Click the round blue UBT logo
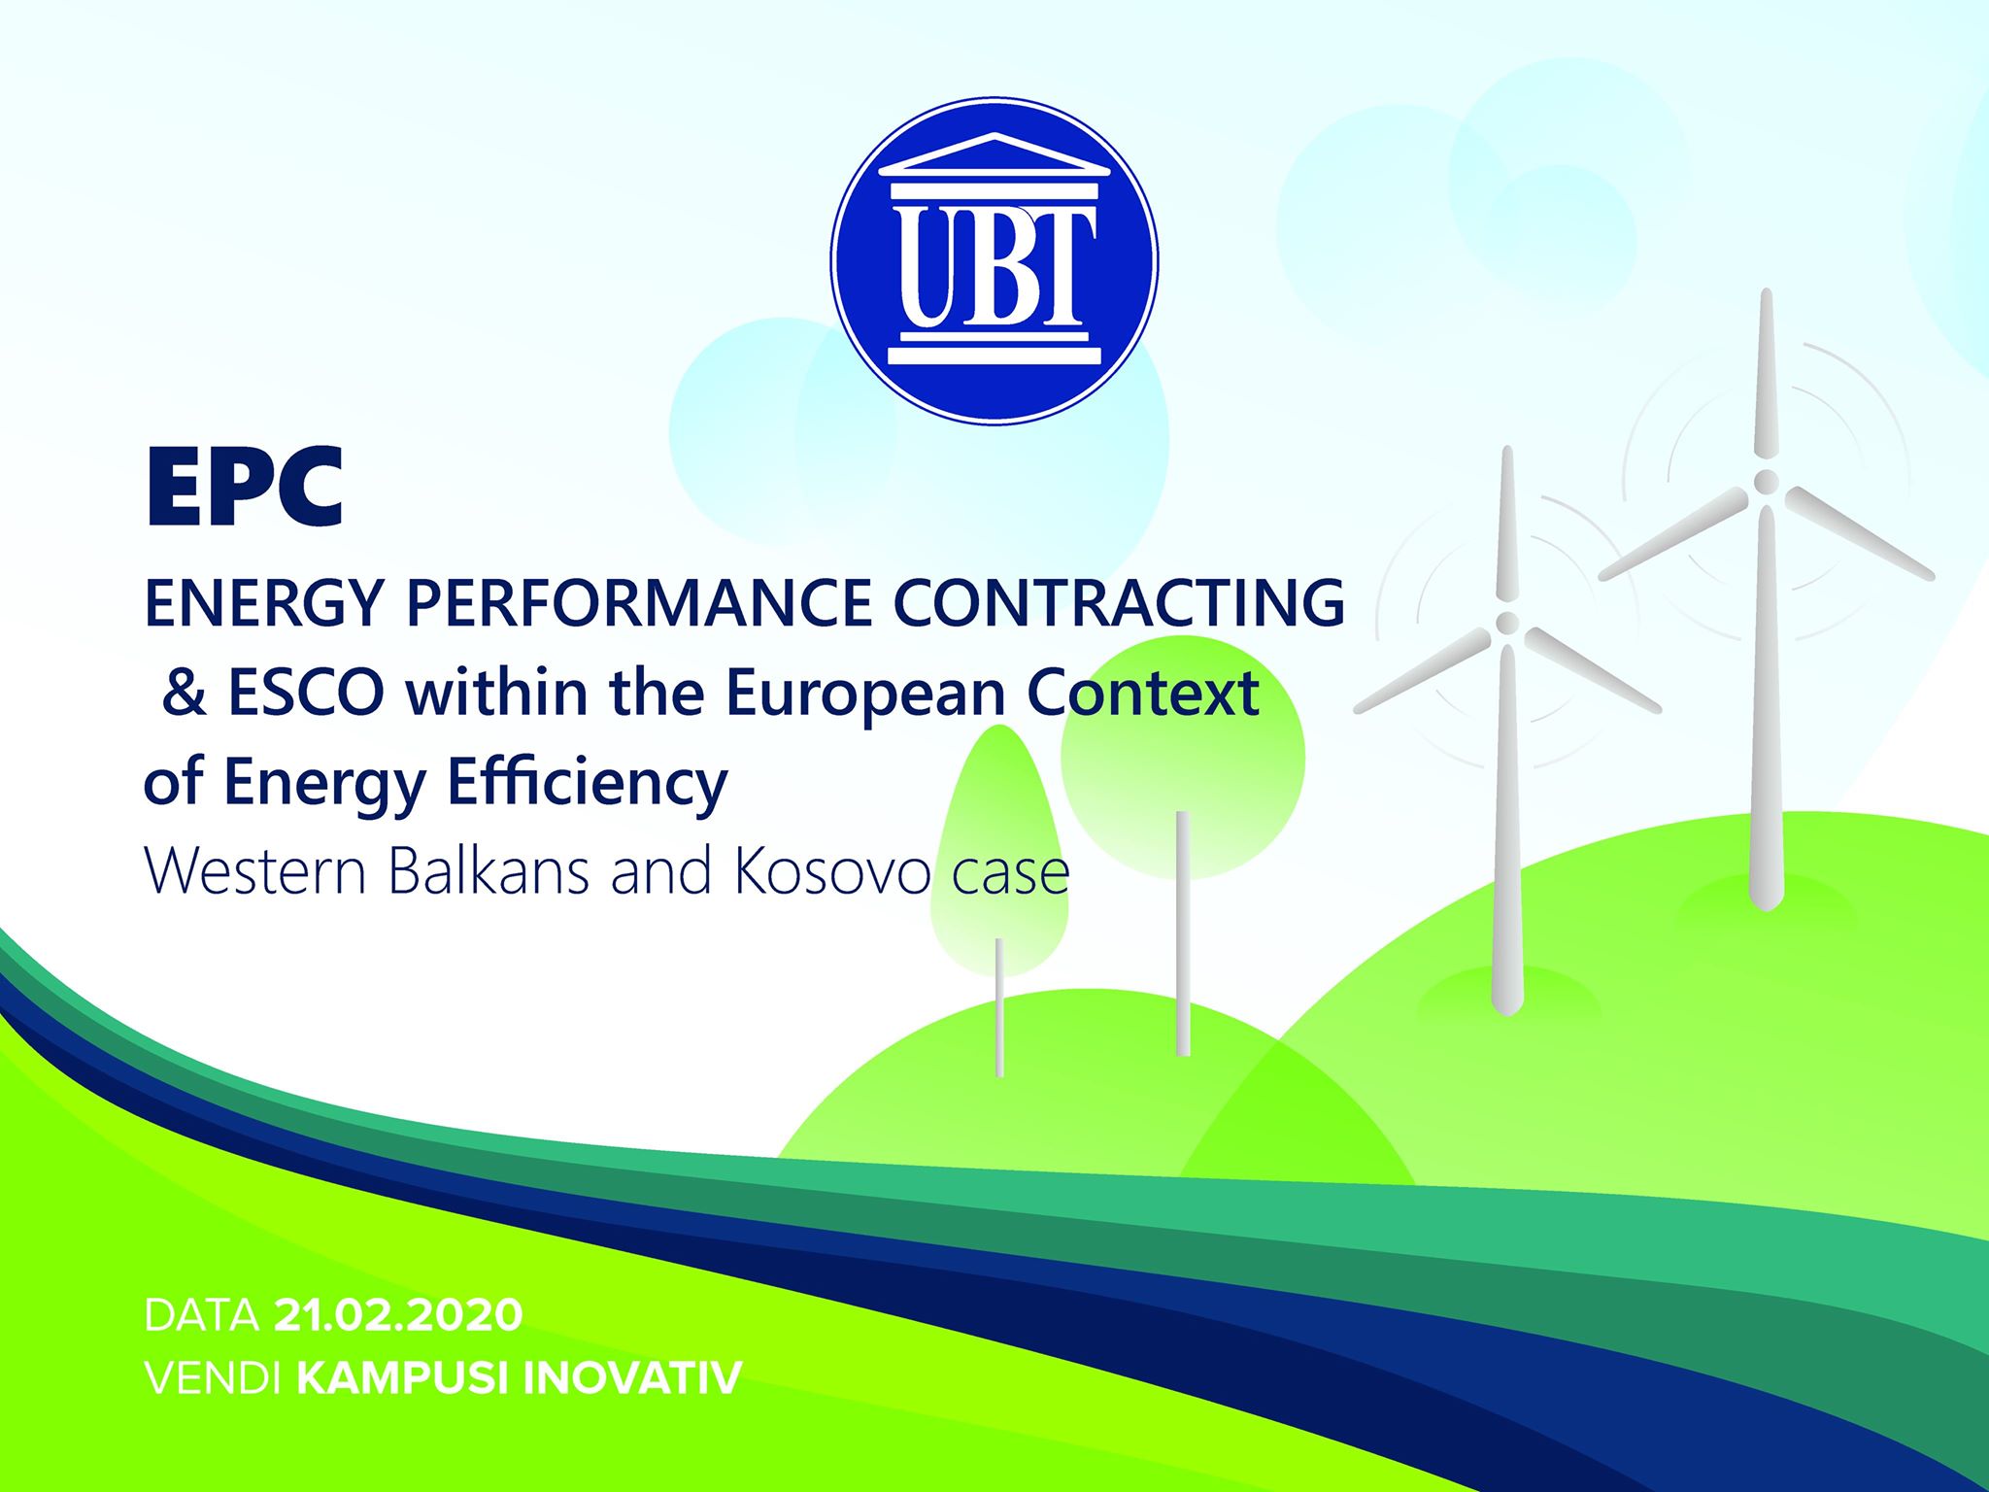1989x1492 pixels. click(x=994, y=260)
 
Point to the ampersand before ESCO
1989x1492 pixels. click(x=185, y=694)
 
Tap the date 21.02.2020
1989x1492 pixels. click(x=399, y=1315)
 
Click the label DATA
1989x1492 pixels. click(x=202, y=1315)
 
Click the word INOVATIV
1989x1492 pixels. click(x=633, y=1378)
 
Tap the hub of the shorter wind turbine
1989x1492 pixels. click(x=1507, y=621)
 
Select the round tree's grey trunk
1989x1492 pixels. click(x=1182, y=932)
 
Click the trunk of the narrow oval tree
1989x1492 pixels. click(x=999, y=1007)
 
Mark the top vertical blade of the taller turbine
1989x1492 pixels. click(x=1766, y=374)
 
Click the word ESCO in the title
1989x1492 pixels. click(x=307, y=694)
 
